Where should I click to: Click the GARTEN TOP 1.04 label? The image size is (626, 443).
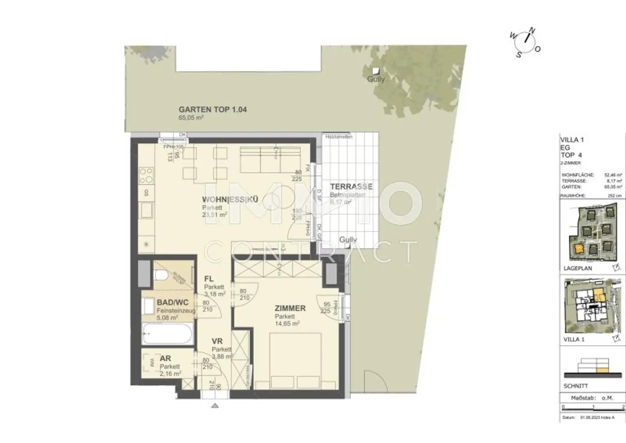coord(212,110)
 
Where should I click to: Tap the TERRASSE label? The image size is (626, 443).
coord(351,187)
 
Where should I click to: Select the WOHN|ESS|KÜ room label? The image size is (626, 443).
coord(230,200)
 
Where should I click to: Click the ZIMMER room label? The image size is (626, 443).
coord(290,309)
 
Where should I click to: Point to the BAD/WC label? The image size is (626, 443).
coord(172,303)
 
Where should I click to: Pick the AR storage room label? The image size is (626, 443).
coord(165,359)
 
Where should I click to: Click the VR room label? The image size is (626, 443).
coord(217,342)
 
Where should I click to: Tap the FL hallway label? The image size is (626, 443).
coord(209,279)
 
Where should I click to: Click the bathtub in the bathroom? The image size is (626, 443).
coord(167,334)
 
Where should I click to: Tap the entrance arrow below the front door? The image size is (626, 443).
coord(215,406)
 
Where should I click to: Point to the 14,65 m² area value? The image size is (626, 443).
coord(287,324)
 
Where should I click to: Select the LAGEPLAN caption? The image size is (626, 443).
coord(578,268)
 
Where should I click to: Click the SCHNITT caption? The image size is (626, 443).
coord(575,386)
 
